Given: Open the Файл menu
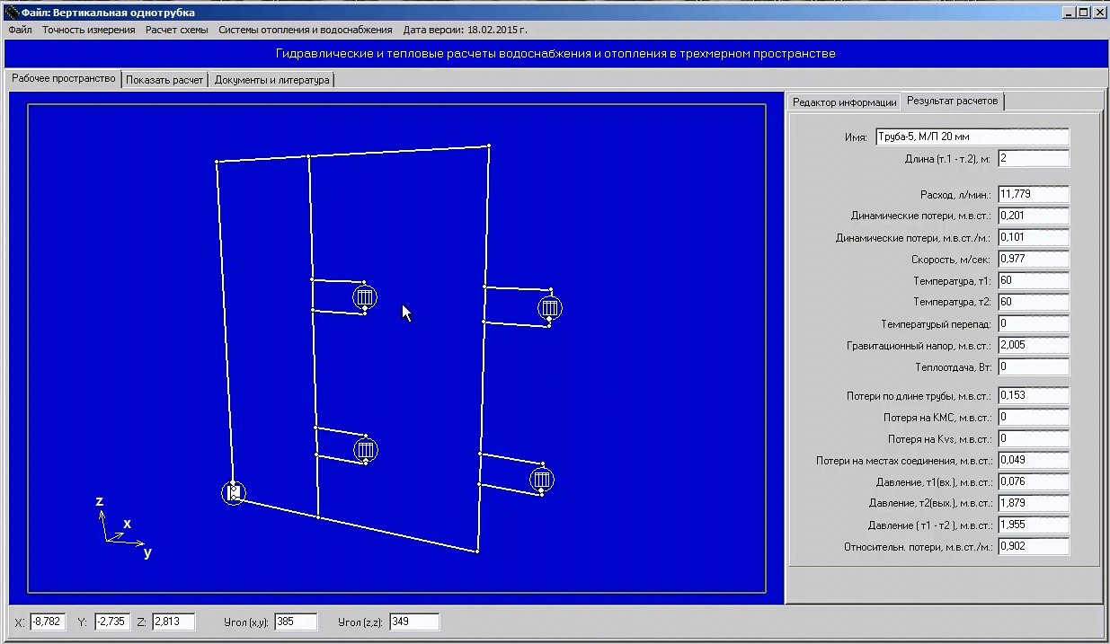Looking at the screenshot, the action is [x=20, y=30].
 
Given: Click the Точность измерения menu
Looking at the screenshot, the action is [x=88, y=30].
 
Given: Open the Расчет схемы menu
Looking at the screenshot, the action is [x=176, y=30].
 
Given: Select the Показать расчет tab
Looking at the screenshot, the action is [x=164, y=80].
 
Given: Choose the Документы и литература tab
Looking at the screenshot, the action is [x=271, y=80].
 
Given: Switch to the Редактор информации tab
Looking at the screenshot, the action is [x=844, y=102].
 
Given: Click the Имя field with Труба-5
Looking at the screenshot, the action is [x=972, y=137].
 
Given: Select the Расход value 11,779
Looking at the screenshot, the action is [x=1034, y=194].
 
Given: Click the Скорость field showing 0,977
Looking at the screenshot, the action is [x=1034, y=259].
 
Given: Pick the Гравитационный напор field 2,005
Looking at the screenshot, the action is [x=1034, y=345].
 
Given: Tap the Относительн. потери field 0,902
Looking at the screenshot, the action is [x=1034, y=546].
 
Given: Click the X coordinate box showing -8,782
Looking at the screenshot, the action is [x=48, y=622].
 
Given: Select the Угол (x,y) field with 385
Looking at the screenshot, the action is [x=296, y=622].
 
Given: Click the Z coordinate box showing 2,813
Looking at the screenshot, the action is [x=173, y=622].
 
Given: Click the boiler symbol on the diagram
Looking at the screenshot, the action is [x=234, y=493].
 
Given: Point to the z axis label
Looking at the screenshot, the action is [x=99, y=501].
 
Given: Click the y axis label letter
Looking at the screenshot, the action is [x=147, y=552].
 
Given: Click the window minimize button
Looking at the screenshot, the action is [x=1068, y=13].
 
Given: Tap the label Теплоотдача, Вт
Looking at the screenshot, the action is [x=953, y=367].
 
